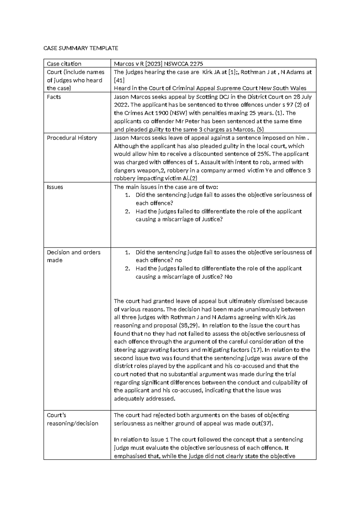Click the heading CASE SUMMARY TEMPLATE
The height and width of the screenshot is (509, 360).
[x=81, y=48]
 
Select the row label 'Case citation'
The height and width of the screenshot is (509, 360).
[x=64, y=64]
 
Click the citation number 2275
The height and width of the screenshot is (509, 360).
[x=196, y=64]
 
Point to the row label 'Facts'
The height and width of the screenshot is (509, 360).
[x=54, y=97]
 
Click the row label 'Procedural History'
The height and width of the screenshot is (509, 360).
[x=72, y=138]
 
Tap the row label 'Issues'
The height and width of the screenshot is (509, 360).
[x=55, y=187]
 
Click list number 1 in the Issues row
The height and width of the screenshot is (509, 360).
[x=127, y=195]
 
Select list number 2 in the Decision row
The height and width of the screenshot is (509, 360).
[x=127, y=269]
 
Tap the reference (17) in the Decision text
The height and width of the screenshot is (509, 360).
[x=257, y=350]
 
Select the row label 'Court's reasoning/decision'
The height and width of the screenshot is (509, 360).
[x=72, y=419]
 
